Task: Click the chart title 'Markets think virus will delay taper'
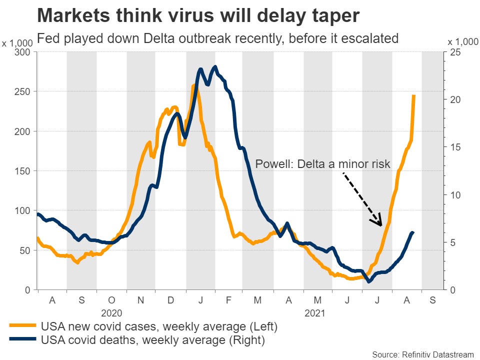[198, 15]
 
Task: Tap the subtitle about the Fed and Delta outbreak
[217, 38]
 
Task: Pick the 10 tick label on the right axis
[453, 195]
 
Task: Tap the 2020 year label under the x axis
[111, 313]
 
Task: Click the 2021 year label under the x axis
[314, 313]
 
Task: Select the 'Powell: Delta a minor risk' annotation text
[322, 164]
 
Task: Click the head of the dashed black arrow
[380, 224]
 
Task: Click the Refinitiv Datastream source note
[422, 354]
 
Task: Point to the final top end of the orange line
[414, 95]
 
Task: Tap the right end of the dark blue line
[413, 232]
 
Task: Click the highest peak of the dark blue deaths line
[215, 66]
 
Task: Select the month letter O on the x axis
[111, 300]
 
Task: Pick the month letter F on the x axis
[228, 300]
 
